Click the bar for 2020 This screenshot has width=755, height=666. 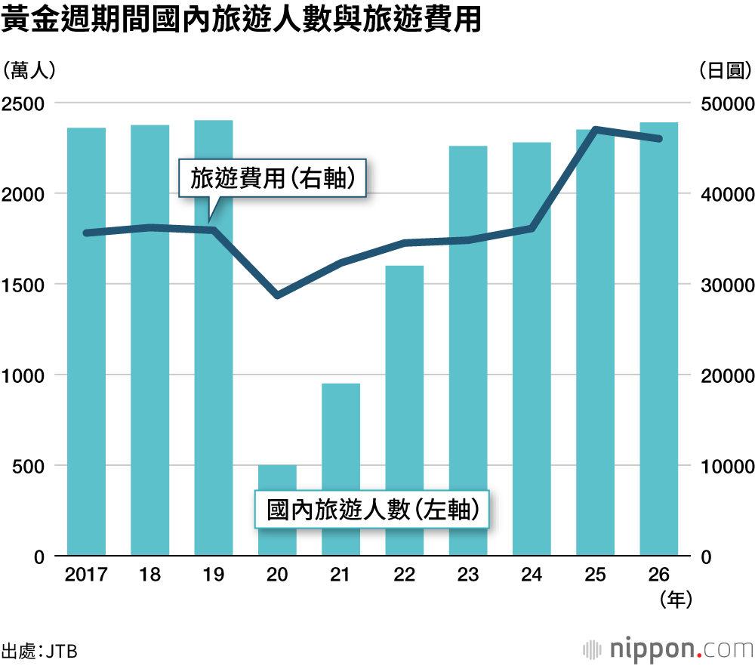(x=277, y=510)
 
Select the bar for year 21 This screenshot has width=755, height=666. (x=341, y=470)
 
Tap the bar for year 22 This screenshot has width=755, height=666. (x=405, y=412)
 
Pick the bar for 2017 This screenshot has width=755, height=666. (x=86, y=341)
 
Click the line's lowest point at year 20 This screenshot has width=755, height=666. (x=277, y=294)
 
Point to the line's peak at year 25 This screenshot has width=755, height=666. (x=596, y=130)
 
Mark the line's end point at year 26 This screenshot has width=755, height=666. (x=659, y=139)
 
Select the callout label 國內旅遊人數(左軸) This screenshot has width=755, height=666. (x=369, y=511)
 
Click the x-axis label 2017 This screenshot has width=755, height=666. (x=86, y=575)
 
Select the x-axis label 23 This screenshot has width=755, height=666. (x=468, y=575)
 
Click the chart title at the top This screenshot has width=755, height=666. (x=242, y=20)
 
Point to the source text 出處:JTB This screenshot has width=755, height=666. (x=39, y=650)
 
